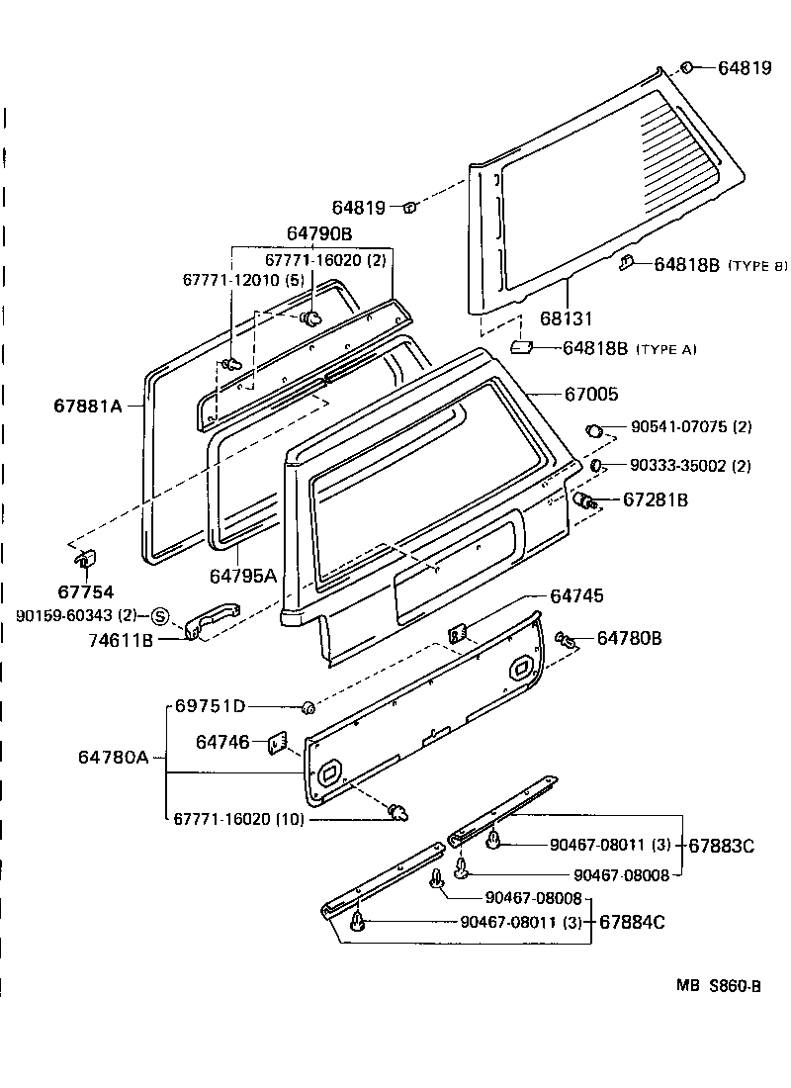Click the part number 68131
tap(566, 319)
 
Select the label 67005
tap(591, 394)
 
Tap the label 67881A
tap(87, 405)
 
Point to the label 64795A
tap(243, 575)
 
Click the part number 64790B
tap(319, 233)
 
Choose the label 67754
tap(85, 592)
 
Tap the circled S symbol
tap(161, 616)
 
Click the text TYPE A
tap(665, 349)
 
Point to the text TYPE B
tap(757, 266)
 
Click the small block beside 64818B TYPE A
tap(522, 347)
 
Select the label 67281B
tap(656, 500)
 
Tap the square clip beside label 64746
tap(276, 743)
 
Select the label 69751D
tap(211, 706)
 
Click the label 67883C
tap(721, 846)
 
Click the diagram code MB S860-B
tap(719, 985)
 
